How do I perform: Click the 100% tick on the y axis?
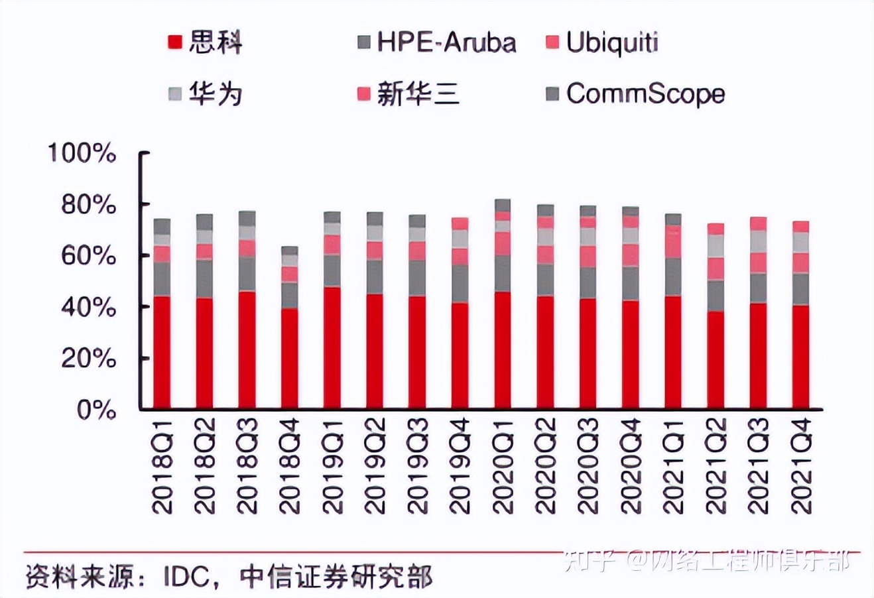click(x=82, y=154)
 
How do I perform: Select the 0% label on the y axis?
click(x=96, y=410)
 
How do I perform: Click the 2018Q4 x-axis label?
click(x=290, y=465)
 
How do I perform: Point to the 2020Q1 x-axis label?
click(x=503, y=465)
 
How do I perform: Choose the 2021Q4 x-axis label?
click(x=801, y=465)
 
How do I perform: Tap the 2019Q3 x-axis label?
click(x=417, y=465)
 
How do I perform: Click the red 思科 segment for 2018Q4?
click(x=290, y=358)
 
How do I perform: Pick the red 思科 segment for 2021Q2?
click(x=716, y=360)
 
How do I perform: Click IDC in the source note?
click(x=190, y=575)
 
